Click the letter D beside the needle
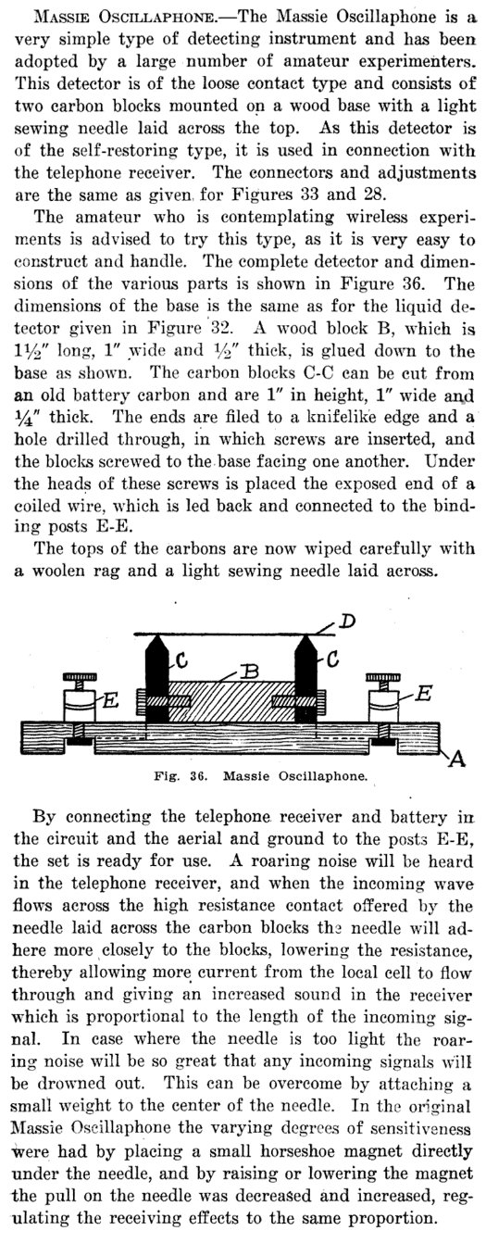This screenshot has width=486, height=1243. [347, 621]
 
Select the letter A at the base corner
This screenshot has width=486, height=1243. [457, 758]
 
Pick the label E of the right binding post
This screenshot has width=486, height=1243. [423, 693]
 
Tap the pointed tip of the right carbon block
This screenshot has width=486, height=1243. [305, 634]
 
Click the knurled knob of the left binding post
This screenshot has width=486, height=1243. [81, 677]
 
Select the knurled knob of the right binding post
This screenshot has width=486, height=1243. [383, 677]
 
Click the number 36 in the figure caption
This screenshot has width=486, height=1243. [198, 776]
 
